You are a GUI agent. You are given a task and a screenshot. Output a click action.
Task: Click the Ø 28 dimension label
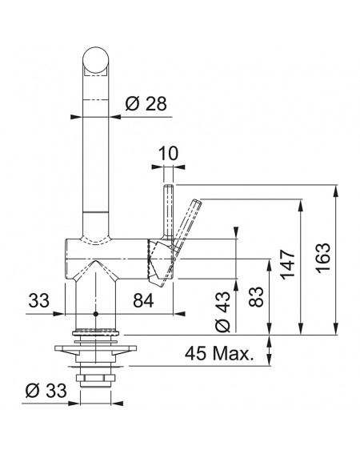click(x=146, y=103)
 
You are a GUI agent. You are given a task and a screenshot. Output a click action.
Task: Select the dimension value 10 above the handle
click(x=169, y=153)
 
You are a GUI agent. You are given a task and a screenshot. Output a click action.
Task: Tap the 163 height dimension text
click(x=323, y=258)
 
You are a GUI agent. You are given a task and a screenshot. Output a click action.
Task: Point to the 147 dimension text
click(x=288, y=264)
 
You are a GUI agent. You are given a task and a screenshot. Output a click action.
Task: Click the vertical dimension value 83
click(x=256, y=296)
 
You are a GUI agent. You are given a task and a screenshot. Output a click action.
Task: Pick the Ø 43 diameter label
click(x=223, y=311)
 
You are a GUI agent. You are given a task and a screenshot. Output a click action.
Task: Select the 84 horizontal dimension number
click(x=143, y=300)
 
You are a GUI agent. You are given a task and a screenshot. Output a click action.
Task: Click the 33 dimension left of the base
click(x=38, y=300)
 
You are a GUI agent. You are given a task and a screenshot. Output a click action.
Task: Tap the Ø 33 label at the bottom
click(x=46, y=391)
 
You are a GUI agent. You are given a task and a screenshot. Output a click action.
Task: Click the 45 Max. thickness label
click(x=219, y=353)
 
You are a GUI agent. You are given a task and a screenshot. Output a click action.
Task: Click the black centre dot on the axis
click(x=96, y=314)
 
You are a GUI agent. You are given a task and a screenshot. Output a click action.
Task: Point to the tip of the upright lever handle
click(x=169, y=185)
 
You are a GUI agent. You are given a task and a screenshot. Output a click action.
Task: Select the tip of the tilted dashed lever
click(x=198, y=201)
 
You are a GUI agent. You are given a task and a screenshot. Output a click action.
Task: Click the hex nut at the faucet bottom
click(x=95, y=378)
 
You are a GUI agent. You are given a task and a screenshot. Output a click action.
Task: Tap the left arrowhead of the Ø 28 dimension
click(x=76, y=117)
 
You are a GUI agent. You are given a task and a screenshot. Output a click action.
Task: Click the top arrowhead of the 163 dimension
click(x=336, y=191)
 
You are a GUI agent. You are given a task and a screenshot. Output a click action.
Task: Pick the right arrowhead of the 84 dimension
click(x=179, y=314)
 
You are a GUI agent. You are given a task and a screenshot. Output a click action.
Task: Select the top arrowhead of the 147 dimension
click(x=301, y=206)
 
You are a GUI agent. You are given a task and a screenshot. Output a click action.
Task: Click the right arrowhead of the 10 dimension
click(x=179, y=167)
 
